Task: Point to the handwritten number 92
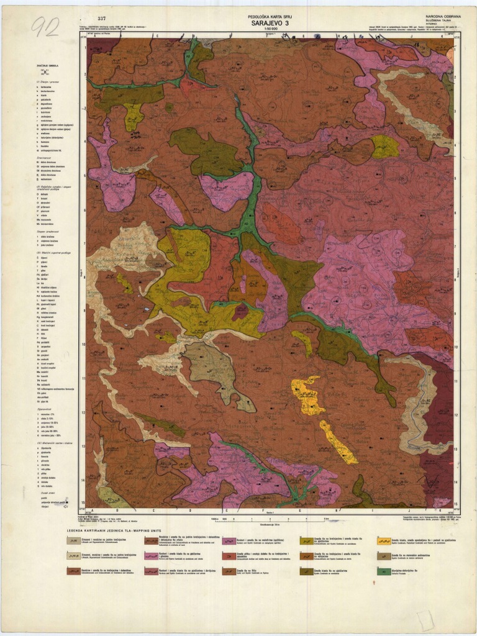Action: pyautogui.click(x=45, y=27)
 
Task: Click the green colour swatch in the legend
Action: pyautogui.click(x=383, y=571)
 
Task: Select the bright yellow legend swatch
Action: pyautogui.click(x=383, y=541)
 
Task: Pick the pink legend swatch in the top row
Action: pyautogui.click(x=229, y=541)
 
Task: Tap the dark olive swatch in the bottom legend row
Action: pyautogui.click(x=306, y=571)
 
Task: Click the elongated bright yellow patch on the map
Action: pyautogui.click(x=339, y=442)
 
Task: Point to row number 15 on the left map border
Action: pyautogui.click(x=83, y=503)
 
